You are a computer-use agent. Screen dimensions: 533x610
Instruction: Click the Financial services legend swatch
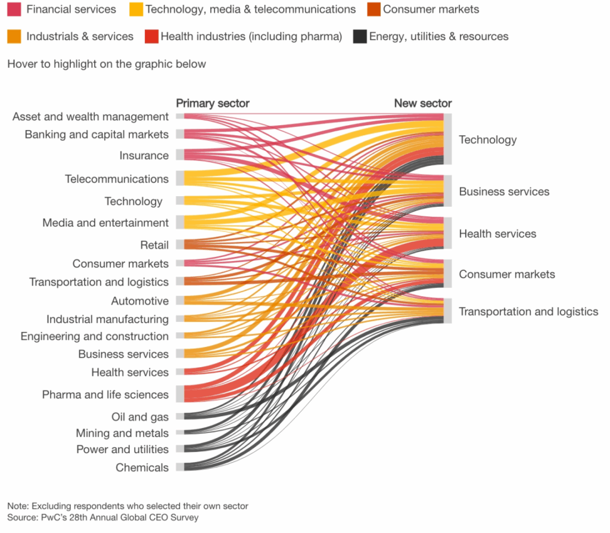point(14,9)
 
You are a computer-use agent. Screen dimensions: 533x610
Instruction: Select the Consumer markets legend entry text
point(431,9)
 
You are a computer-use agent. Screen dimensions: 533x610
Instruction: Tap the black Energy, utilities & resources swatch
point(359,36)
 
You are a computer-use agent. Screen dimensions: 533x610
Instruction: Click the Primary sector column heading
point(213,103)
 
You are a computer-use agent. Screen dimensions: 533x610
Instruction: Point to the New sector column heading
point(423,103)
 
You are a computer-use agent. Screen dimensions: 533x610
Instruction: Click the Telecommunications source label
point(117,179)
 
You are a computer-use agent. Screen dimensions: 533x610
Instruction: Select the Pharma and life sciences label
point(105,394)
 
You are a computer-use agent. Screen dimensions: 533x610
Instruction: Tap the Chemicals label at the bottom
point(142,467)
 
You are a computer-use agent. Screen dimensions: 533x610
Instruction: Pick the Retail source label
point(154,244)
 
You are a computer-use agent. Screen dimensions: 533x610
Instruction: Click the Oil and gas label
point(140,417)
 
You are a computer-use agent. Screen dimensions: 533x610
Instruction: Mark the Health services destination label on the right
point(497,234)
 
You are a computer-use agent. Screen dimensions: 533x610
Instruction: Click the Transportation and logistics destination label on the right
point(528,311)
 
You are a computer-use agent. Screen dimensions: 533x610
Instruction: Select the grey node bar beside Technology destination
point(448,139)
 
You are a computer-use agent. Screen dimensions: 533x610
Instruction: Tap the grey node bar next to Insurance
point(180,155)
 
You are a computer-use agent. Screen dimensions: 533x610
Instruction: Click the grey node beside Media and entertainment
point(180,222)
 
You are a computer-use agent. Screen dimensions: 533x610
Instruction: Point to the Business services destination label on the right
point(504,191)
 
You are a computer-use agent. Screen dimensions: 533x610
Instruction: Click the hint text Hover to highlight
point(107,64)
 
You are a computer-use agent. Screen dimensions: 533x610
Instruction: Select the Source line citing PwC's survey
point(102,517)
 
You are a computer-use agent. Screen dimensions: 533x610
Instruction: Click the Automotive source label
point(140,300)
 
